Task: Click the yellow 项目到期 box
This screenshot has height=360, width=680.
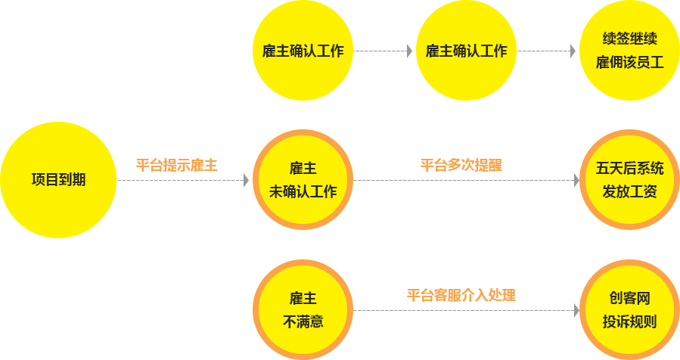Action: [58, 179]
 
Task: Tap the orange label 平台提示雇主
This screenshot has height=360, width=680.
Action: [177, 165]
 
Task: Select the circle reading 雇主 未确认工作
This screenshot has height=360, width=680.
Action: [303, 179]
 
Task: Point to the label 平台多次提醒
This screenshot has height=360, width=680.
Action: [461, 165]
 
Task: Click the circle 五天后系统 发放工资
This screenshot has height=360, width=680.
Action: [629, 179]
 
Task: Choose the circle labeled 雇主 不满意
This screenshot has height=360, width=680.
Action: [303, 309]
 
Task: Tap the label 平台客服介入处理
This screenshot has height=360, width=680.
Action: [461, 295]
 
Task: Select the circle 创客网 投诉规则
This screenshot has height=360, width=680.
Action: [629, 309]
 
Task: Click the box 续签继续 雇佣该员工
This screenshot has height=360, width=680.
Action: [629, 51]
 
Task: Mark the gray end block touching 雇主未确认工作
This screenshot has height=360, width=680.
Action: [246, 180]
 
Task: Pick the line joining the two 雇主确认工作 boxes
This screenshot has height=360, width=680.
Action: [378, 51]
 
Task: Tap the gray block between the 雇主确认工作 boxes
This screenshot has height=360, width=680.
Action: [410, 51]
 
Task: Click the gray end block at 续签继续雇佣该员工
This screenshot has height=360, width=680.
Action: [573, 51]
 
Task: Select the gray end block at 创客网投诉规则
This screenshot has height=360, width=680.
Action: [577, 310]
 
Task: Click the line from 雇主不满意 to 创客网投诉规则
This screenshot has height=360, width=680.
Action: [461, 310]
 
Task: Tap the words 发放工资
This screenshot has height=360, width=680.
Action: [629, 191]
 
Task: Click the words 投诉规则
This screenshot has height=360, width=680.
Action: [629, 321]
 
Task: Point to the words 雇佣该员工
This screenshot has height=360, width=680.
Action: [629, 63]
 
